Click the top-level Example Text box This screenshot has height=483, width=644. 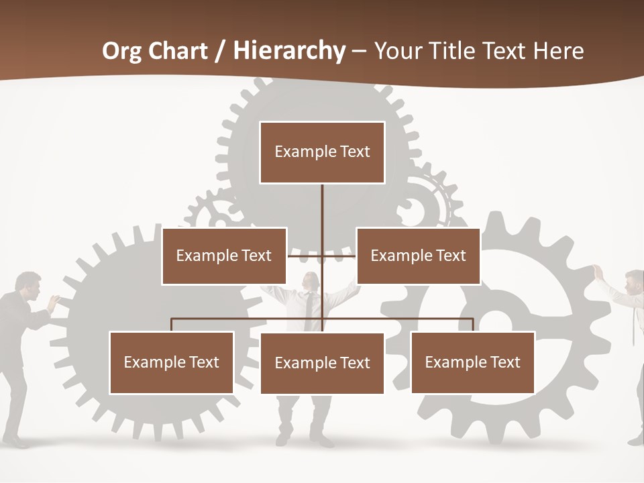(x=322, y=152)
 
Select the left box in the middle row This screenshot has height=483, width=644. (x=224, y=256)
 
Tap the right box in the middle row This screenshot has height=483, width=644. (x=418, y=256)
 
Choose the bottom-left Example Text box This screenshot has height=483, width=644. (x=172, y=362)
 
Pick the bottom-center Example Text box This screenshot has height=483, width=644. (x=322, y=363)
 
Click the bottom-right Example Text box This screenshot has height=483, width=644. (x=472, y=362)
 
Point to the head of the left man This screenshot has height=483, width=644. (x=28, y=283)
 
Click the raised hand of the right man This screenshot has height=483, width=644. (x=597, y=271)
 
